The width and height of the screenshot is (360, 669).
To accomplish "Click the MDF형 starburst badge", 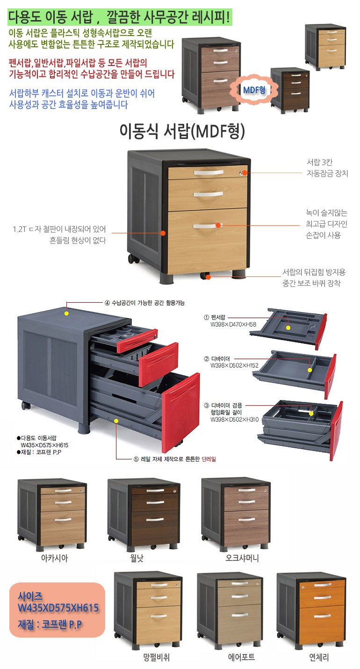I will [254, 89].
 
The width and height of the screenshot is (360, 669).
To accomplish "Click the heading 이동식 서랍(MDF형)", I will [182, 132].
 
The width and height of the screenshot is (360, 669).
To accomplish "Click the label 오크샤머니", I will [242, 559].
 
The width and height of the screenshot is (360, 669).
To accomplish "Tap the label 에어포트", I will [241, 657].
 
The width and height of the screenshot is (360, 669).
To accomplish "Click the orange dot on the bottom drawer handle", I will [218, 225].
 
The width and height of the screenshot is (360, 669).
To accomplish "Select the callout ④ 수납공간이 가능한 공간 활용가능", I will [144, 303].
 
